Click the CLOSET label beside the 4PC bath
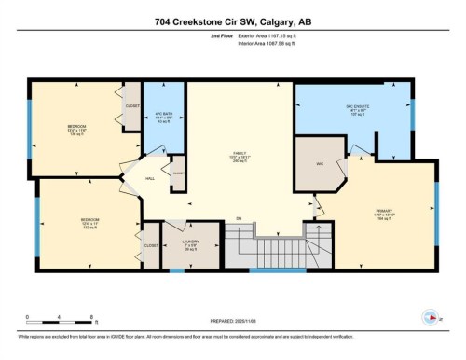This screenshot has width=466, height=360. [131, 105]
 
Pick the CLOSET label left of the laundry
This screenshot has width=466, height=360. [150, 244]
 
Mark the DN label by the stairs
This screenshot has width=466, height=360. [239, 218]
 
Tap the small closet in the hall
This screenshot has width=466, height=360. [177, 173]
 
